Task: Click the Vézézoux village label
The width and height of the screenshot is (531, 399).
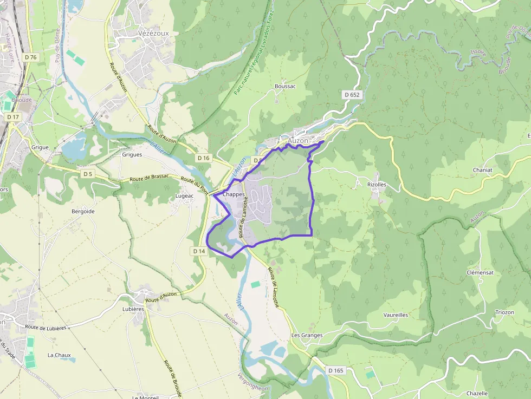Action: pos(153,33)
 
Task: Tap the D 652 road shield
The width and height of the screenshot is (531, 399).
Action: pos(352,95)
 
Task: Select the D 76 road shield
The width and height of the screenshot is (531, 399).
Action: pos(31,57)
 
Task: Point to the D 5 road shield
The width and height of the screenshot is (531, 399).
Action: pos(87,174)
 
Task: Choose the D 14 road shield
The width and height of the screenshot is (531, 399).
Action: pos(199,251)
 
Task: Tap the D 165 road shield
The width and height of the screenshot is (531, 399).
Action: pos(336,370)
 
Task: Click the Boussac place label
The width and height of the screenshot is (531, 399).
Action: pos(285,86)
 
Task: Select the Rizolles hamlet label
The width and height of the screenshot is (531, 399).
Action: pos(377,184)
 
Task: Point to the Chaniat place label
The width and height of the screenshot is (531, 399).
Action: pos(482,169)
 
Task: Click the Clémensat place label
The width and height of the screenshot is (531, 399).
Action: pos(480,272)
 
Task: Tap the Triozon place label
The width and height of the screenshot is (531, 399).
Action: pos(504,312)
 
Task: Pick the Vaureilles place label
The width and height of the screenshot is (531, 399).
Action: pos(396,315)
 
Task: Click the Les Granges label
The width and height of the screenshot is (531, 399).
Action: pos(307,335)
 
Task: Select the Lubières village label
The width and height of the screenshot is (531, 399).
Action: pos(133,309)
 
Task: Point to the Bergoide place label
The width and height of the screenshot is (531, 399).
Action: pos(83,211)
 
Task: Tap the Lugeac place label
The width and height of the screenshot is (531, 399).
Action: pos(185,196)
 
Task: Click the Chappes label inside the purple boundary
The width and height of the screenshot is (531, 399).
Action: pos(234,194)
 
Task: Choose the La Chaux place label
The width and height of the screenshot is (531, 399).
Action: pos(59,355)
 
